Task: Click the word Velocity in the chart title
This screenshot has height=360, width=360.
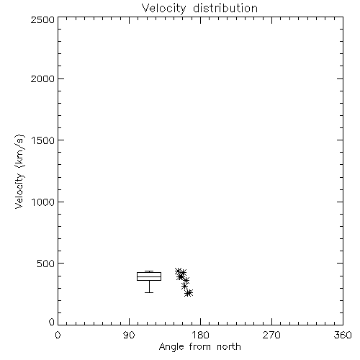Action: click(163, 9)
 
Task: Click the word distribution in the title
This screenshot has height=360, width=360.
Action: click(225, 8)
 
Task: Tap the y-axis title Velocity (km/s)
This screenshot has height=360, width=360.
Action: click(19, 171)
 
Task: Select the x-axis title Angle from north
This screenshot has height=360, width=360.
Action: click(199, 347)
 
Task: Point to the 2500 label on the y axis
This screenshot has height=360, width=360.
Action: click(42, 19)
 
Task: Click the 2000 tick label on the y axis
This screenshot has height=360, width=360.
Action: click(42, 78)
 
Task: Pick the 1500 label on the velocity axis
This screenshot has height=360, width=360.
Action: click(43, 140)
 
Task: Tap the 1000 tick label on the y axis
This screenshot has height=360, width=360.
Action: click(43, 202)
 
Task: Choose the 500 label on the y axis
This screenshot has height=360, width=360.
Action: click(45, 264)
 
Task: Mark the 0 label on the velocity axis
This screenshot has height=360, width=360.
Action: click(52, 322)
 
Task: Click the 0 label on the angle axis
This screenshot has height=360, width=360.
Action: click(58, 335)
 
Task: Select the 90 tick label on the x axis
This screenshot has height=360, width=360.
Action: click(129, 335)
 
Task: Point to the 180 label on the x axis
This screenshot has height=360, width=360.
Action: click(200, 335)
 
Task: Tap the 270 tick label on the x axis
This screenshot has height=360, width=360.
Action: click(271, 335)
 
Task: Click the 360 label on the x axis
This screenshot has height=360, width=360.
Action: click(343, 335)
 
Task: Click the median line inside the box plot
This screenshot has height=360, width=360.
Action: click(149, 276)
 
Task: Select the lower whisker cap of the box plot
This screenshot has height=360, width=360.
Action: click(149, 292)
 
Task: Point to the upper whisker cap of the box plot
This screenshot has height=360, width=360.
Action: click(149, 271)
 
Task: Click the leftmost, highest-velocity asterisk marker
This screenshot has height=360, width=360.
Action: click(178, 271)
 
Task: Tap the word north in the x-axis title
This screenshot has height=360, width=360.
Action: click(229, 346)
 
